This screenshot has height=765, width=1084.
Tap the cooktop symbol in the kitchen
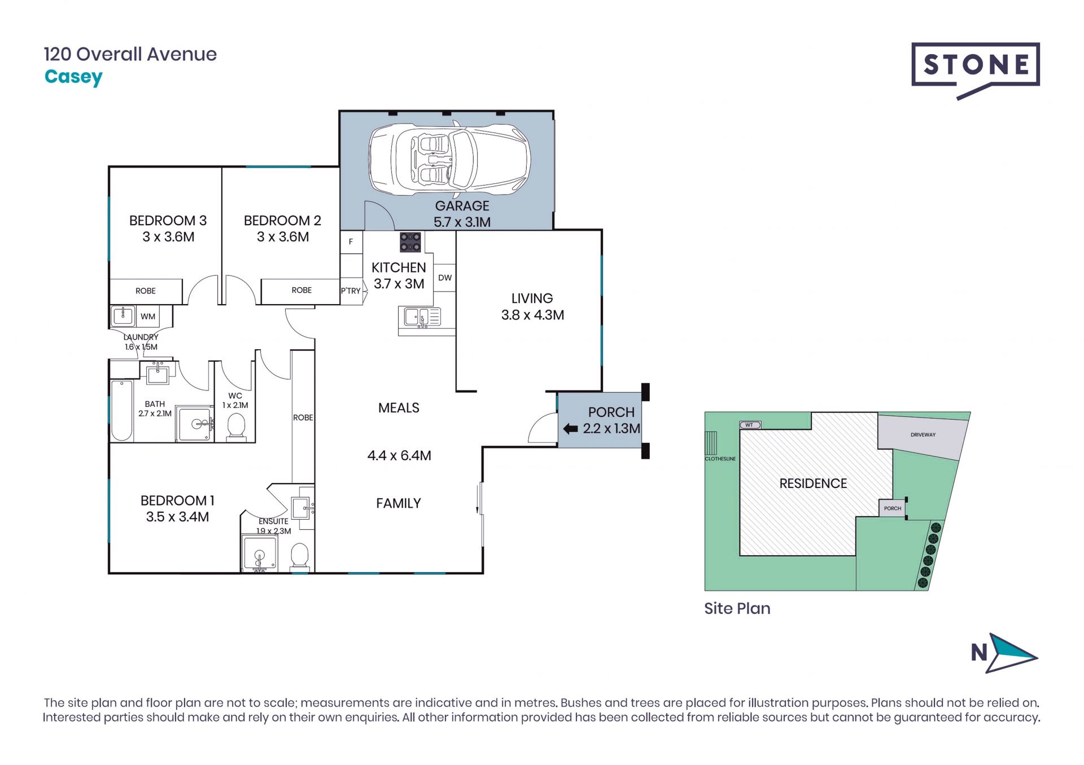(x=410, y=242)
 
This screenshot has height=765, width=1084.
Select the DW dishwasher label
(x=445, y=278)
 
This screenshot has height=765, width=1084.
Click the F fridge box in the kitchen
(x=351, y=241)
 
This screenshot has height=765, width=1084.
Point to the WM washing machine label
(x=148, y=316)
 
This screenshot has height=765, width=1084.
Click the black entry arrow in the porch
(x=570, y=429)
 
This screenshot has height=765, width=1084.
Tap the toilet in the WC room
(x=235, y=427)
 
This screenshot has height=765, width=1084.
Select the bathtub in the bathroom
(x=122, y=411)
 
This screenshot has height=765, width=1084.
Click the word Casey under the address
(x=73, y=77)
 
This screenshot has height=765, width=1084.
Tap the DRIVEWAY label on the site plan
(x=923, y=434)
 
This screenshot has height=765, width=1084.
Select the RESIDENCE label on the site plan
(x=813, y=483)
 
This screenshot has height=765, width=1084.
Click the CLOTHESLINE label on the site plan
(x=720, y=459)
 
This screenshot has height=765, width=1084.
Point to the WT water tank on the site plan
(x=750, y=425)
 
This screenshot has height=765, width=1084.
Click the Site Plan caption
(x=737, y=608)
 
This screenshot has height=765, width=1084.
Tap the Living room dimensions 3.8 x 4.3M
(x=532, y=315)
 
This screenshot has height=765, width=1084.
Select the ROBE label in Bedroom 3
(x=146, y=291)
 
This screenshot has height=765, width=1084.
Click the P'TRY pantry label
(x=351, y=291)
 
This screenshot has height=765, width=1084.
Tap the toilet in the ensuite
(x=299, y=556)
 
